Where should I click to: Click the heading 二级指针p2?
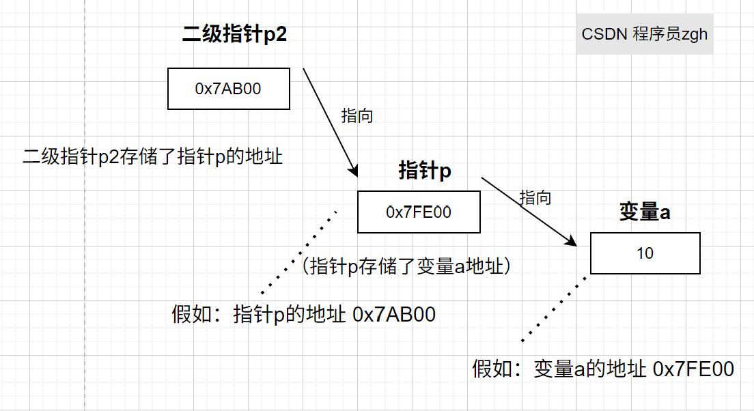click(234, 34)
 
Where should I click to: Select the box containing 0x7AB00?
click(229, 89)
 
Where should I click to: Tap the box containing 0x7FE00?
click(419, 212)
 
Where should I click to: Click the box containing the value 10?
click(645, 253)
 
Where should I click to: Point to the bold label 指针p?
click(425, 171)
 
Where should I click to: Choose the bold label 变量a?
click(644, 212)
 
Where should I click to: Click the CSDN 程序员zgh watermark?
click(645, 34)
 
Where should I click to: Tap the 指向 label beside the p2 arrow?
click(357, 115)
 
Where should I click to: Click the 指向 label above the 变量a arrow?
click(535, 198)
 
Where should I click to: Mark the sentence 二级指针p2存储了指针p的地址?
click(153, 156)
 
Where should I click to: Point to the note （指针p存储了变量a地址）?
click(406, 266)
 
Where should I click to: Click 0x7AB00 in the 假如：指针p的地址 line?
click(395, 315)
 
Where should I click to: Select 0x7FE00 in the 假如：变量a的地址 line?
click(693, 369)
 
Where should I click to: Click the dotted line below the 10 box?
click(555, 307)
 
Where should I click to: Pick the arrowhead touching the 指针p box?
click(354, 171)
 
